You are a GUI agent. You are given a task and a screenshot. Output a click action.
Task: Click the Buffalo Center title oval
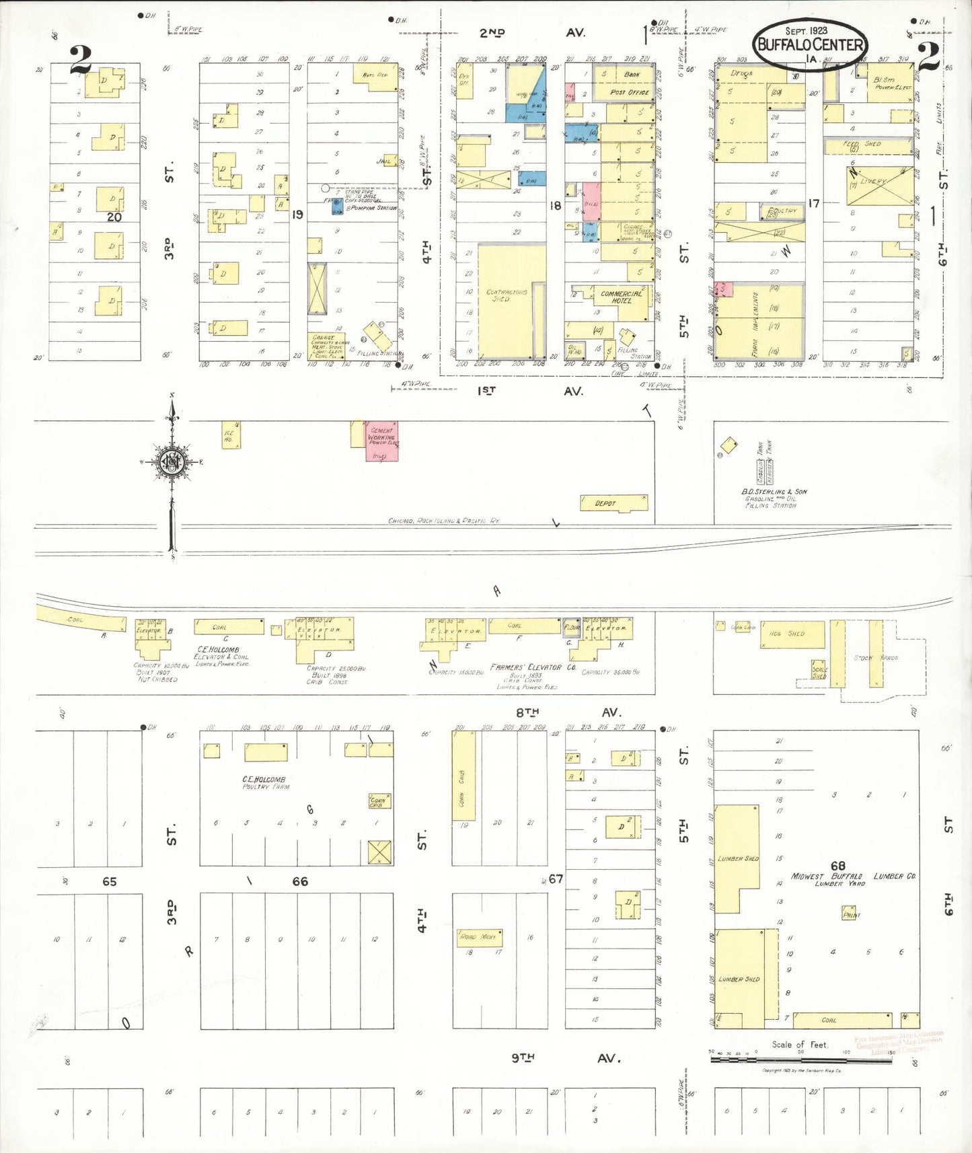(810, 44)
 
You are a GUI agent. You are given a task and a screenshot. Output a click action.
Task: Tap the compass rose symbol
(172, 461)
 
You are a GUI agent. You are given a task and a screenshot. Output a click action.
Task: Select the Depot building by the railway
(613, 503)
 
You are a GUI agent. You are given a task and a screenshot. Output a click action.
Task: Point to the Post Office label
(630, 92)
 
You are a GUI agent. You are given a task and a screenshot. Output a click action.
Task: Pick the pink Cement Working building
(381, 441)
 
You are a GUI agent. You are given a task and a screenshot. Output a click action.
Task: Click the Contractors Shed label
(507, 295)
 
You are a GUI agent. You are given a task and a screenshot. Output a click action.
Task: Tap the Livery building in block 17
(879, 186)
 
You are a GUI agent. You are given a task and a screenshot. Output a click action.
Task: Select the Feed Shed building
(866, 145)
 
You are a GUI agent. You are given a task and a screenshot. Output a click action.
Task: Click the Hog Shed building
(792, 634)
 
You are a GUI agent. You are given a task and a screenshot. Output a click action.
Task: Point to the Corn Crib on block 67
(463, 776)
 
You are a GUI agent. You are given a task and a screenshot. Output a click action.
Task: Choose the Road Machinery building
(479, 936)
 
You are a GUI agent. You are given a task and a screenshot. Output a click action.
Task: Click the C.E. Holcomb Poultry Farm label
(265, 782)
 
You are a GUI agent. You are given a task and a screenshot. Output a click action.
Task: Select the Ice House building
(231, 435)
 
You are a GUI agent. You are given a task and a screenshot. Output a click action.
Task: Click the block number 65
(109, 881)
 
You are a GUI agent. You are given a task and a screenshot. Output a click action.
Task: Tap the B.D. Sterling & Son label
(774, 492)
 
